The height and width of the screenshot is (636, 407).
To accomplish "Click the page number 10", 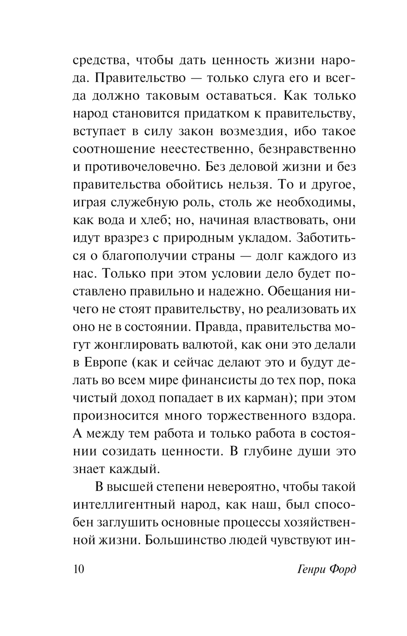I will pos(79,568).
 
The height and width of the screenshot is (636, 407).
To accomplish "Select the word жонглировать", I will pos(134,345).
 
